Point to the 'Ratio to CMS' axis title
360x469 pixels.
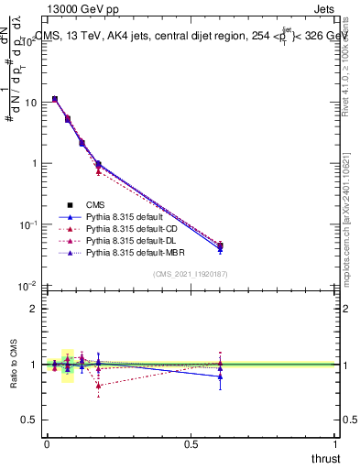coord(14,365)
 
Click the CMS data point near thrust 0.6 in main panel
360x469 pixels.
coord(220,245)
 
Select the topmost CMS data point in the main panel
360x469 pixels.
coord(55,99)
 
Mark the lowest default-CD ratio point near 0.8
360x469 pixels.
coord(98,386)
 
